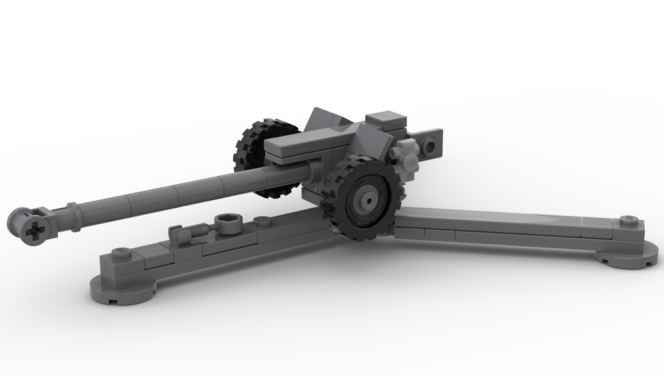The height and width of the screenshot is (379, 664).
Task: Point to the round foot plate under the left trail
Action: coord(123,290)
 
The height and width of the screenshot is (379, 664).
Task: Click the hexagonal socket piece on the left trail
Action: coord(228,222)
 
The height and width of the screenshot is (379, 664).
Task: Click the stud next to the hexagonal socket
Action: coord(262,221)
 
